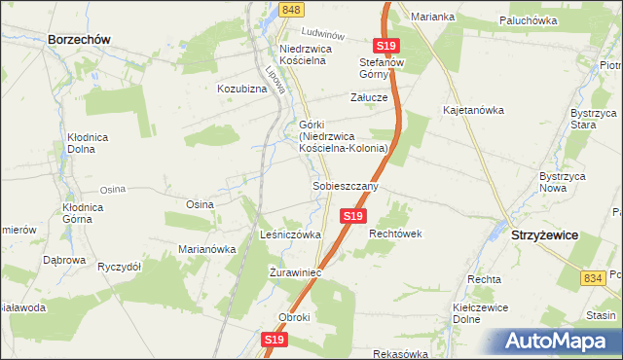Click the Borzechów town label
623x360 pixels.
78,39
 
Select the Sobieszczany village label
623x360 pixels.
345,185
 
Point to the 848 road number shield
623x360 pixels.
289,10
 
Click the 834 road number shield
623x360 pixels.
591,278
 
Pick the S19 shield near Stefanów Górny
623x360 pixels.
386,46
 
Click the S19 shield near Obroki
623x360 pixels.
274,340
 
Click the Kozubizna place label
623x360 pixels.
242,89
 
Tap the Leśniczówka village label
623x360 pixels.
291,234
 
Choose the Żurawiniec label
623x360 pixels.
295,273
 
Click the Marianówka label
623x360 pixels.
207,249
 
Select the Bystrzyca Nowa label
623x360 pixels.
561,182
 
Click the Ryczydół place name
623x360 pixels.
120,266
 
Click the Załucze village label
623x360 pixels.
370,98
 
